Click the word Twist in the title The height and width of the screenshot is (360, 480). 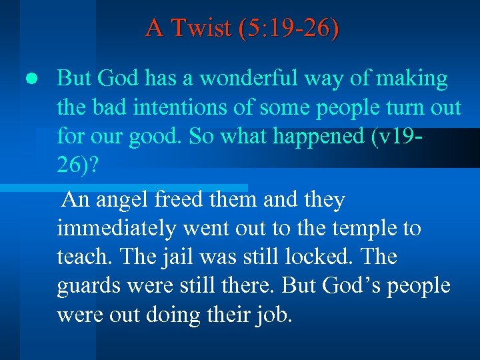201,28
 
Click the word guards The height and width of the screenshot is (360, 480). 88,287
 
